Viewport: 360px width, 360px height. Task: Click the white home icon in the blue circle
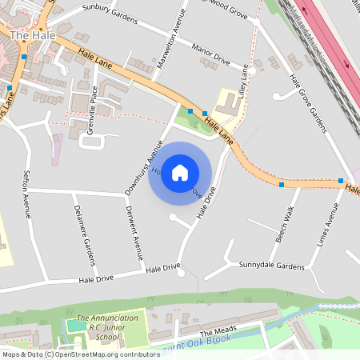pos(180,172)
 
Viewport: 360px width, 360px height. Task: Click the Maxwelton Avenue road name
pos(170,40)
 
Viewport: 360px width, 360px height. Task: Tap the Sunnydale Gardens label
pos(267,266)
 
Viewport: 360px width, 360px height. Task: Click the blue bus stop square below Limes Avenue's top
pos(342,181)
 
